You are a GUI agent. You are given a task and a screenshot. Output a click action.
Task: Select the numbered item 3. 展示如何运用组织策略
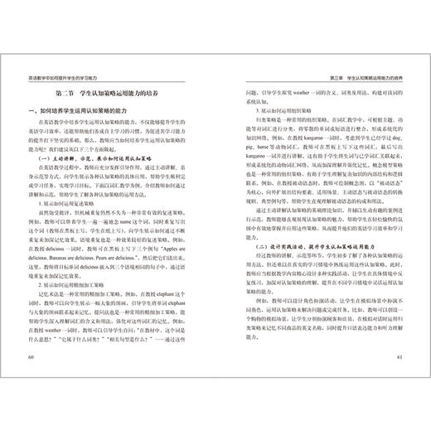256,108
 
